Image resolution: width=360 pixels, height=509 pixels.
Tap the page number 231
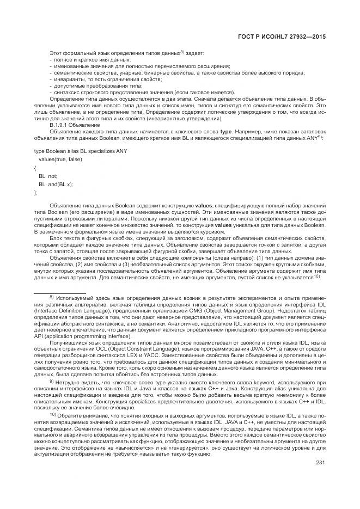click(321, 463)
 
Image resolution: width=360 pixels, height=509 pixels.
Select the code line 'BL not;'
click(48, 176)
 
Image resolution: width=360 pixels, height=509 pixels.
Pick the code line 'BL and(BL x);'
click(56, 185)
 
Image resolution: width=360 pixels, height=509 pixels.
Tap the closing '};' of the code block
click(36, 193)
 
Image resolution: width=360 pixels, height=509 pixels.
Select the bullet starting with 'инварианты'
click(96, 79)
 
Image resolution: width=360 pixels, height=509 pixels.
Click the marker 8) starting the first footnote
click(52, 297)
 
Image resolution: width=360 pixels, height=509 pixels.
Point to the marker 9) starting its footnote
click(52, 381)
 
